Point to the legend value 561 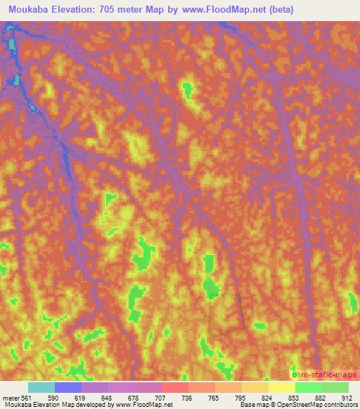click(x=26, y=397)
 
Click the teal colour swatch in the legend click(x=41, y=387)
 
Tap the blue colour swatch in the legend click(x=68, y=387)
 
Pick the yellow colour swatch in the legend click(x=282, y=387)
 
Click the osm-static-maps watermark click(x=325, y=372)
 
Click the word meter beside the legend click(x=9, y=397)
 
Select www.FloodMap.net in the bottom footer click(x=146, y=405)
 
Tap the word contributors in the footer click(x=340, y=405)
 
